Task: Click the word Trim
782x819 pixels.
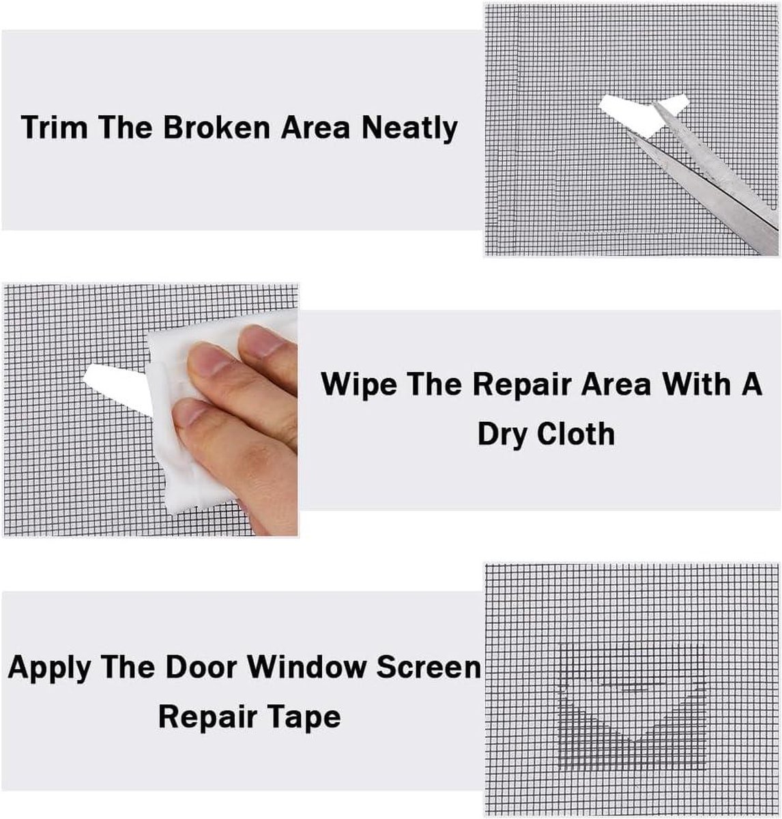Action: (55, 127)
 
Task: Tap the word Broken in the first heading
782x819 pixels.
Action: (216, 127)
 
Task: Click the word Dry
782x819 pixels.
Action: (503, 434)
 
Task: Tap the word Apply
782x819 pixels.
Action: (49, 669)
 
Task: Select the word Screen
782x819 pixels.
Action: (429, 668)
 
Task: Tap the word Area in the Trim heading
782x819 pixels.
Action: (315, 128)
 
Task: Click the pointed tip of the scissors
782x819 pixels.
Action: (654, 102)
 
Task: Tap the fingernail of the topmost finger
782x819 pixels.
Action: (257, 341)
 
